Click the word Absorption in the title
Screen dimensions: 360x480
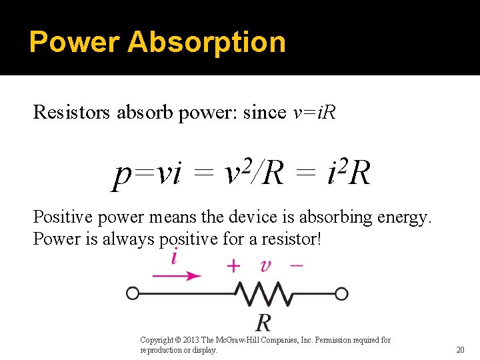[x=207, y=42]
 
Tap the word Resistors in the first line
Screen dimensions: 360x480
[x=73, y=113]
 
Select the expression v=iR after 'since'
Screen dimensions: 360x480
[x=315, y=113]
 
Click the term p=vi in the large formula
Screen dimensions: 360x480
[x=147, y=174]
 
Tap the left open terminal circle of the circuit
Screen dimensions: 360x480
[x=133, y=293]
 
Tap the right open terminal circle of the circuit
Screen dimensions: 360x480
[x=341, y=293]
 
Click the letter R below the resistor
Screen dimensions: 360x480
[x=263, y=323]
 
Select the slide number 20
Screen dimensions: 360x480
[x=460, y=350]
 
